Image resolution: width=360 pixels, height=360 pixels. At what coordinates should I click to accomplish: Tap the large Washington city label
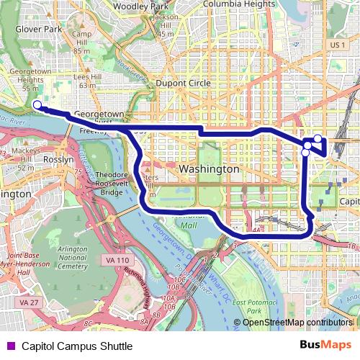coord(209,168)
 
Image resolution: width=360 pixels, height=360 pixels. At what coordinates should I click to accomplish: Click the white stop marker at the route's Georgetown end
coord(37,105)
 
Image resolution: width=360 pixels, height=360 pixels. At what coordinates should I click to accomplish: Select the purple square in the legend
coord(10,346)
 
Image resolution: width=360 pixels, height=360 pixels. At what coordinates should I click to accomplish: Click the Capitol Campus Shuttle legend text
coord(76,346)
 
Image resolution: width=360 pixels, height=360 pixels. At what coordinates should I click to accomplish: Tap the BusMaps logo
coord(325,346)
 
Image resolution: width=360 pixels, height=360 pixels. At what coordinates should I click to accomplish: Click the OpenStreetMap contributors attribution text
coord(297,322)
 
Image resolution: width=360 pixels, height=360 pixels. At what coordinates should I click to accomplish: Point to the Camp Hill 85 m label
coord(81,43)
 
